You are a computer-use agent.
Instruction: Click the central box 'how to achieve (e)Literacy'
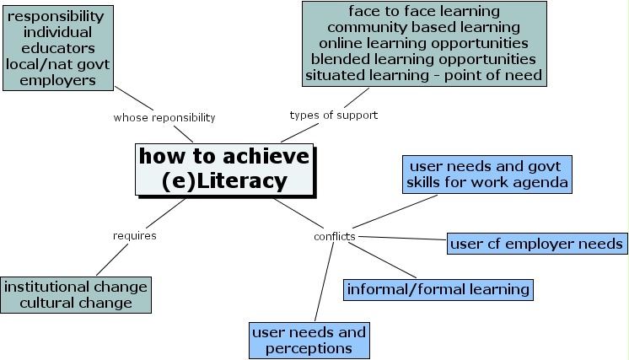tap(224, 169)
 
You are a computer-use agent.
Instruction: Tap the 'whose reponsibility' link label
tap(164, 117)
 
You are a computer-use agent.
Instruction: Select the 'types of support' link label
tap(333, 115)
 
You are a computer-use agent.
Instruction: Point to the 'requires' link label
tap(135, 235)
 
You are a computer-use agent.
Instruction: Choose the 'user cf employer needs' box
tap(537, 244)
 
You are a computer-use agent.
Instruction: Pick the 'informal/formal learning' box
tap(438, 289)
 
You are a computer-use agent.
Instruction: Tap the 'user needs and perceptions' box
tap(309, 340)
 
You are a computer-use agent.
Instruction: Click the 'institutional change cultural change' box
tap(75, 294)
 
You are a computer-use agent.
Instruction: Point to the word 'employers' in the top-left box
tap(57, 80)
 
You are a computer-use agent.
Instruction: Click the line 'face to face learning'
tap(424, 11)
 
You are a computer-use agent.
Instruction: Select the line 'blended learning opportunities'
tap(423, 59)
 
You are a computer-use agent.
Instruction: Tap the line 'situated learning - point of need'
tap(424, 75)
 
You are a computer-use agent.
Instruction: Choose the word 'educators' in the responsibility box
tap(57, 48)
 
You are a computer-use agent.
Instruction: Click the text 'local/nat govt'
tap(57, 64)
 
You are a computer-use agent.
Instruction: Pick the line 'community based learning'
tap(424, 27)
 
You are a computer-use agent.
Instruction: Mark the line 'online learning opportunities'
tap(424, 43)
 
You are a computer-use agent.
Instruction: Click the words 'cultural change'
tap(76, 303)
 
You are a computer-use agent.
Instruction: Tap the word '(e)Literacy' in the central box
tap(223, 181)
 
